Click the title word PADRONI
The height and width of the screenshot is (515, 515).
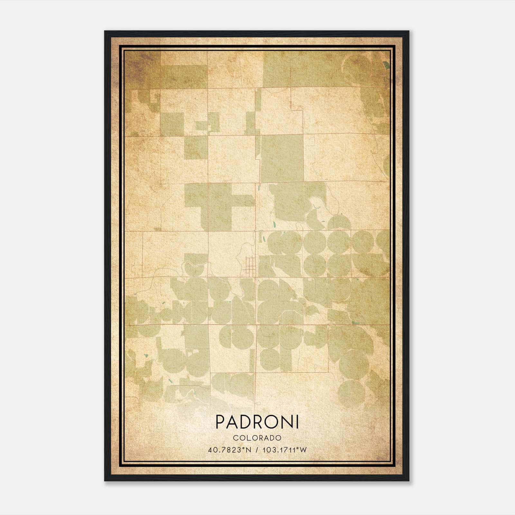pyautogui.click(x=257, y=422)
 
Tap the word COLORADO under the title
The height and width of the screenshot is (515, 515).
pyautogui.click(x=257, y=438)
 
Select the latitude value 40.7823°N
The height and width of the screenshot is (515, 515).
pyautogui.click(x=229, y=450)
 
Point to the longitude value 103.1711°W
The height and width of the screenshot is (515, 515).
pyautogui.click(x=285, y=450)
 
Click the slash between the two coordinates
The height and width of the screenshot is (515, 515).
pyautogui.click(x=257, y=450)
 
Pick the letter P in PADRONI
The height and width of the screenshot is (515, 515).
pyautogui.click(x=220, y=422)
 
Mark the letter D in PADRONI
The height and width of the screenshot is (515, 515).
pyautogui.click(x=246, y=422)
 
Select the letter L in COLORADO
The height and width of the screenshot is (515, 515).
pyautogui.click(x=248, y=438)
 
